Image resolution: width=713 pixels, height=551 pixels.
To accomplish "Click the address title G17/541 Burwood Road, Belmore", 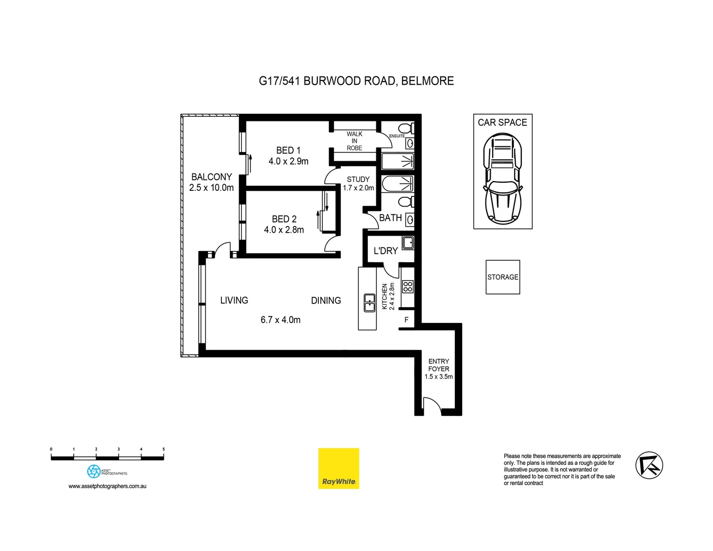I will tap(356, 81).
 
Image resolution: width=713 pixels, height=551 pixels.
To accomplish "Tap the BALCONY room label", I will tap(211, 177).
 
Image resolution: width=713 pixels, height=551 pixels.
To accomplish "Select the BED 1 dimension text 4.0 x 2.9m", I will tap(288, 161).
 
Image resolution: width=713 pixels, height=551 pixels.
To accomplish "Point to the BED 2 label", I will tap(284, 219).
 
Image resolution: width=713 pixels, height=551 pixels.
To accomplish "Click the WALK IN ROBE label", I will tap(354, 141).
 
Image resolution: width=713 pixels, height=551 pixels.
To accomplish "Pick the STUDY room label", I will tap(358, 180).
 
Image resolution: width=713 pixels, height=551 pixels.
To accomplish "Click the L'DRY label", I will tap(386, 251).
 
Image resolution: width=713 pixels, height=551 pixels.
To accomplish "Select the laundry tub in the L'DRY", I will tap(408, 243).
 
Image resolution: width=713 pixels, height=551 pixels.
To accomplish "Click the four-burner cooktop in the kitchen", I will tap(408, 286).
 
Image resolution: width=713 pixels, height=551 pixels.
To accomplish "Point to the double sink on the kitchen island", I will tap(369, 303).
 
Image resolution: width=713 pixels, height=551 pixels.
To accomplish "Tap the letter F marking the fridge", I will tap(406, 320).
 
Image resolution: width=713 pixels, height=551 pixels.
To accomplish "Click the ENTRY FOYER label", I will tap(439, 365).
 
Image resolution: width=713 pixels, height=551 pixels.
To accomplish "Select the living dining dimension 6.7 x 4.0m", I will tap(281, 320).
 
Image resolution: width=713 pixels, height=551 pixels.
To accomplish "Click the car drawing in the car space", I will tap(502, 179).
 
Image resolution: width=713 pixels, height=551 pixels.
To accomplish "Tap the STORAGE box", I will tap(502, 277).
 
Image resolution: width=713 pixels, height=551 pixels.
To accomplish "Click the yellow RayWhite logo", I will tap(339, 468).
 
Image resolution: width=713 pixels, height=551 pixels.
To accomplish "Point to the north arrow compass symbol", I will tap(649, 465).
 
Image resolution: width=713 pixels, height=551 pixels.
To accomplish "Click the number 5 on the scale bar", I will tap(164, 449).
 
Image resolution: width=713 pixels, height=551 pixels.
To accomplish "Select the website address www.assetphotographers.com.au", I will tap(108, 486).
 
